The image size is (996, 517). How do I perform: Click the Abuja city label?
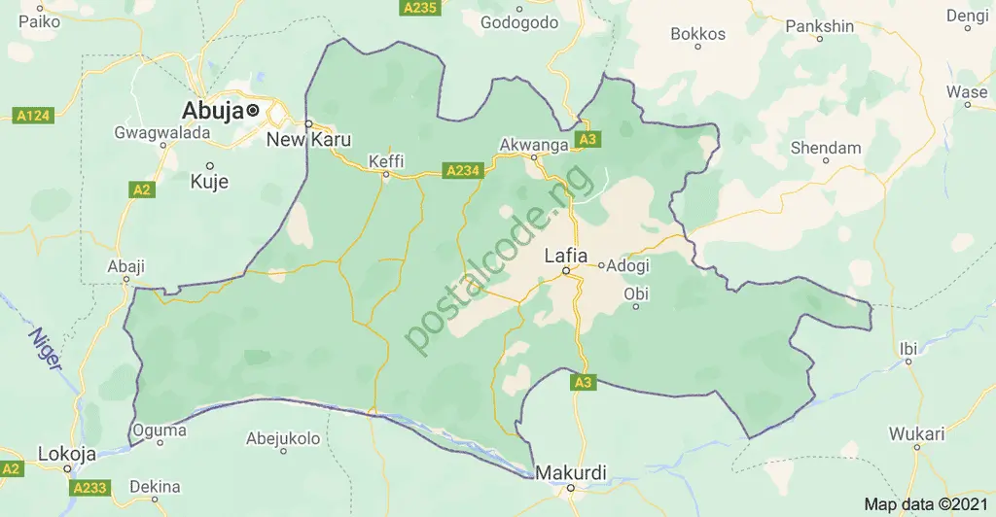[212, 110]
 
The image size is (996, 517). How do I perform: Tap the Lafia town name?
[565, 256]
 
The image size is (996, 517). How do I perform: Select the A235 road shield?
[419, 8]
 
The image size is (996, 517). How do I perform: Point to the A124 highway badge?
[33, 117]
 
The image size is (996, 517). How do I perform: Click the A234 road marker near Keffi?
[462, 170]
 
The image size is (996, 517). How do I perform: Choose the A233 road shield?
[91, 486]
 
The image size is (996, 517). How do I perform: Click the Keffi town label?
[386, 160]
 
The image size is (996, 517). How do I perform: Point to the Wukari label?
[915, 432]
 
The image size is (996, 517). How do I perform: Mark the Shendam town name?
[826, 148]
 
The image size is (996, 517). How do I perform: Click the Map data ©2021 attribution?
[926, 504]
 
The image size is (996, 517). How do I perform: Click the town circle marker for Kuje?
[208, 165]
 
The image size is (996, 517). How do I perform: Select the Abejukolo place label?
[283, 438]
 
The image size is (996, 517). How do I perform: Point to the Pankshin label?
[819, 24]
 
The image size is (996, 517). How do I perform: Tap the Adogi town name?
[627, 264]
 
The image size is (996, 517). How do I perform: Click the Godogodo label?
[519, 21]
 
